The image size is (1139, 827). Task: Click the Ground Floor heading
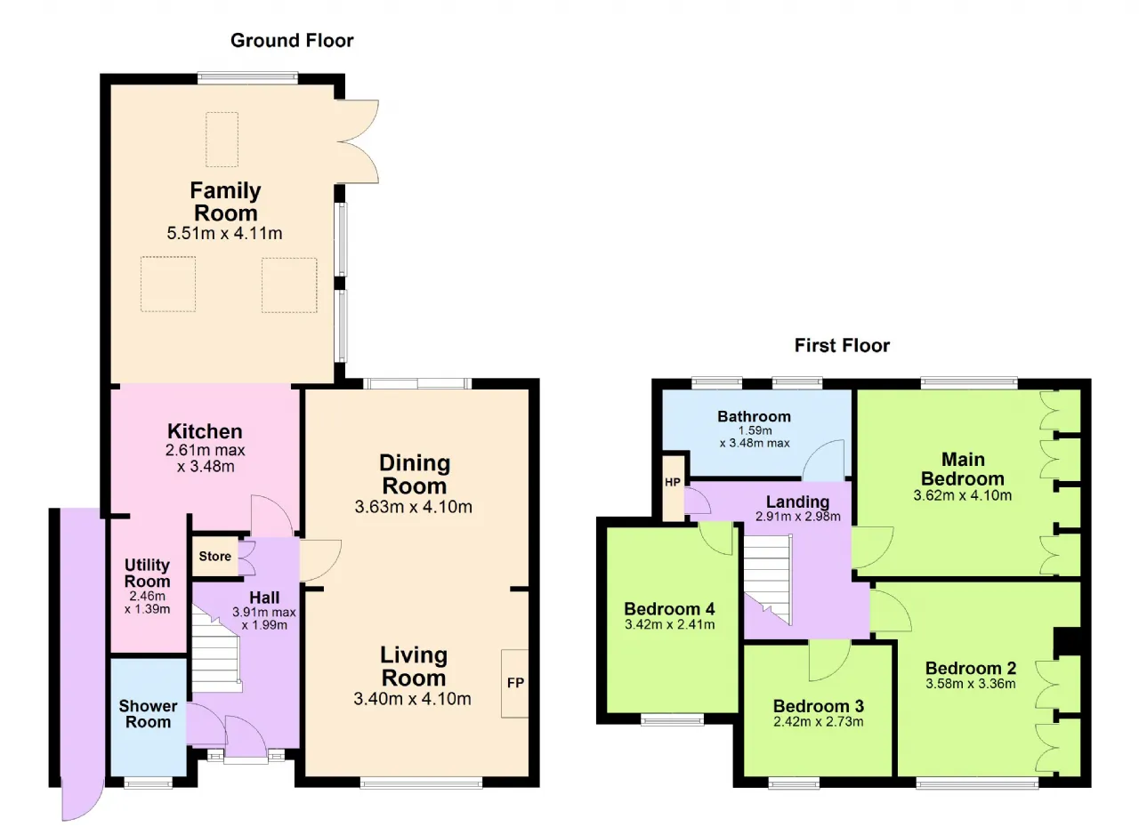pos(292,41)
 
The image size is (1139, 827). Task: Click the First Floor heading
pos(842,345)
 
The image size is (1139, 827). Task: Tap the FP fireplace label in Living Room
pos(515,682)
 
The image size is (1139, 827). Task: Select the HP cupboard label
pos(673,482)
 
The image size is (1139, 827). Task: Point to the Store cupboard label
pos(215,557)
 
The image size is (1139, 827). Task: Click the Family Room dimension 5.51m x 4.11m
pos(225,233)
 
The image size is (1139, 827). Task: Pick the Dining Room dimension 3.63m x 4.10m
pos(414,507)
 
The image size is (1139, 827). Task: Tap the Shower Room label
pos(148,714)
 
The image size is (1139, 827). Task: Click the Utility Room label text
pos(147,573)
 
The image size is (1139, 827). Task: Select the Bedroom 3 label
pos(818,706)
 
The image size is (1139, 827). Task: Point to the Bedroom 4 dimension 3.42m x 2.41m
pos(670,624)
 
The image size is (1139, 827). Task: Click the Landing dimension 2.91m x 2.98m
pos(798,517)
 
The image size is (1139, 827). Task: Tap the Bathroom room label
pos(754,416)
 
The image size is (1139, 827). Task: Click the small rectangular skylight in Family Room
pos(222,140)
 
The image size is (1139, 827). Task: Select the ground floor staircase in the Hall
pos(215,652)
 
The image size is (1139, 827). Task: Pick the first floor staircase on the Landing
pos(768,578)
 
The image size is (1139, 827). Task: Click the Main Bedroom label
pos(963,469)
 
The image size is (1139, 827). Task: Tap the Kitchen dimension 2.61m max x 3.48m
pos(206,458)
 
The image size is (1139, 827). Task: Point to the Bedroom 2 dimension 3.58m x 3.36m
pos(970,684)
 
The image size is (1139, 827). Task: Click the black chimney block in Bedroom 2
pos(1067,643)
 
